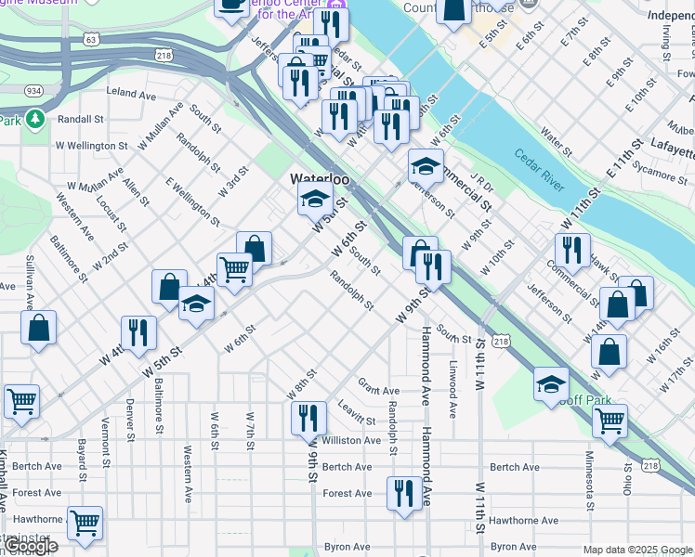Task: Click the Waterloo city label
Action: [319, 178]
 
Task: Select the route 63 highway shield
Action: [89, 40]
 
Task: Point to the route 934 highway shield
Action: [33, 90]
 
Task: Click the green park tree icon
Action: [35, 119]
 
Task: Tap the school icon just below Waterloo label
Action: [315, 199]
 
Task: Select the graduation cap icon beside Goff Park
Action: [551, 383]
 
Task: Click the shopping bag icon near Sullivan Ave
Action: [38, 327]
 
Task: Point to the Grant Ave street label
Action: [378, 391]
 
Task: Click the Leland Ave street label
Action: [131, 94]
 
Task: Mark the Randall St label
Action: [80, 119]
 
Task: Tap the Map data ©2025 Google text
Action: [637, 550]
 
